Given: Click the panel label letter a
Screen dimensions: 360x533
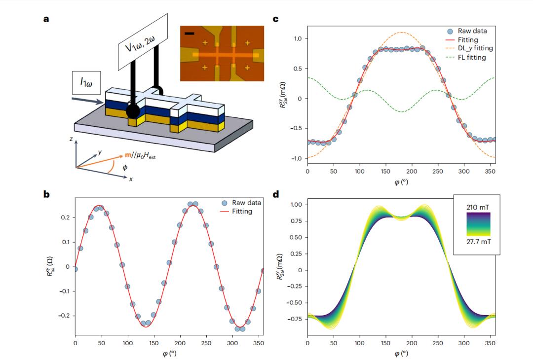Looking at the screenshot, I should [46, 19].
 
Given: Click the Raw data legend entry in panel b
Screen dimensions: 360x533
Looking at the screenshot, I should [242, 202].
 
